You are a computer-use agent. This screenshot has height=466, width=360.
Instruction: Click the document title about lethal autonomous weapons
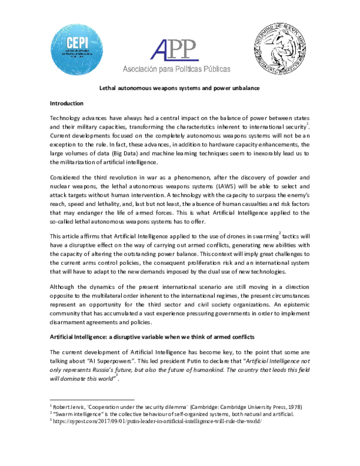click(x=179, y=88)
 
